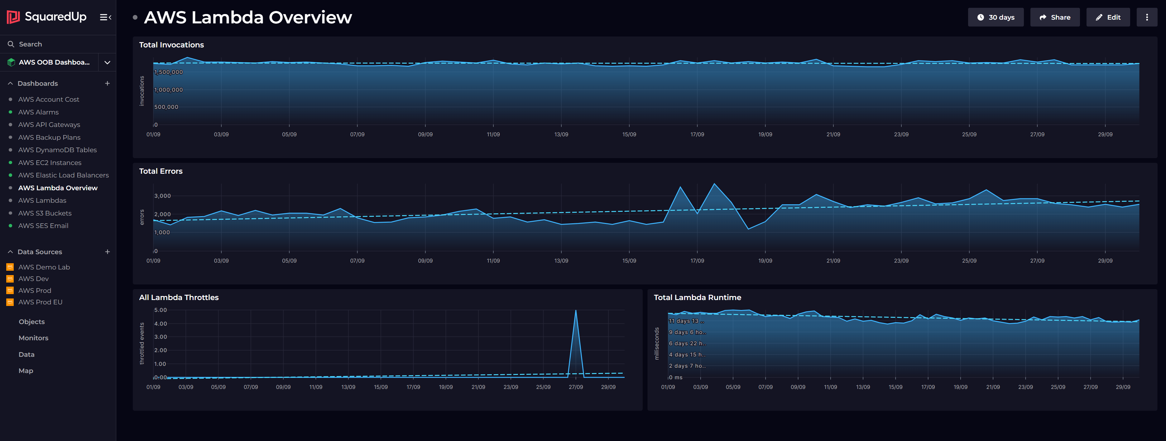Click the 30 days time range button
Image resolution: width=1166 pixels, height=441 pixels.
(x=996, y=17)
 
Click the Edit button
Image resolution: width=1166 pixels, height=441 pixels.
(x=1108, y=17)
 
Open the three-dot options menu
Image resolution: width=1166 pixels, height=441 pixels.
(x=1147, y=17)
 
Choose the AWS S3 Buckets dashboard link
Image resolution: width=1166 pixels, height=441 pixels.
(x=45, y=213)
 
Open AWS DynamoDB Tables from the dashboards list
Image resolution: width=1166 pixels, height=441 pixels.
(x=57, y=150)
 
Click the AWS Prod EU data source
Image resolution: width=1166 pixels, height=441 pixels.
(x=40, y=302)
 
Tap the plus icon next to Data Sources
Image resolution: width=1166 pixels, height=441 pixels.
(x=107, y=252)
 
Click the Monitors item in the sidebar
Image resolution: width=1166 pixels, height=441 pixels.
(x=33, y=338)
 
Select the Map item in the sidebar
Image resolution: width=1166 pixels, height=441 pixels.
(x=26, y=371)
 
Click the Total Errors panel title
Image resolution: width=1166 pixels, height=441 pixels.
(x=161, y=171)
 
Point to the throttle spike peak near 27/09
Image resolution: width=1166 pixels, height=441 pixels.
(x=575, y=311)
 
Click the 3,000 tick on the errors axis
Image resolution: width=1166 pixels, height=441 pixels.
(x=162, y=196)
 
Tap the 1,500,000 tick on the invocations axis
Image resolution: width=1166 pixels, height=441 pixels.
(x=168, y=72)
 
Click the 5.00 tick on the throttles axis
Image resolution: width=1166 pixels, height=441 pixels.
(x=161, y=310)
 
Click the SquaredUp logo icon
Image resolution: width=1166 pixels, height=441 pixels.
(x=13, y=17)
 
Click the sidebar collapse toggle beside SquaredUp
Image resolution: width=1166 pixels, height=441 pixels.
(x=105, y=17)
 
